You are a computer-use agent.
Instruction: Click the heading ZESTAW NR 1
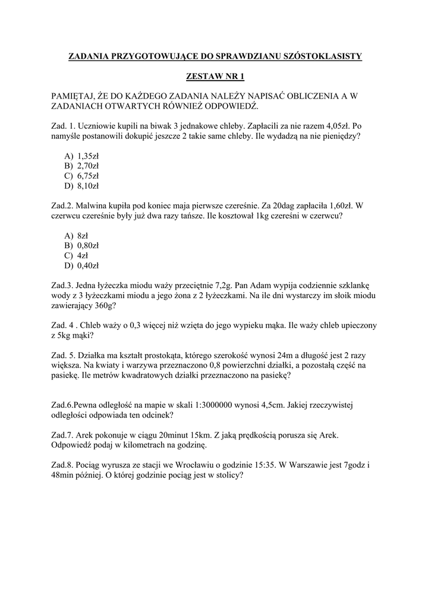[x=215, y=77]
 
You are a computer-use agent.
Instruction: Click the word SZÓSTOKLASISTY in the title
[x=327, y=56]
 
